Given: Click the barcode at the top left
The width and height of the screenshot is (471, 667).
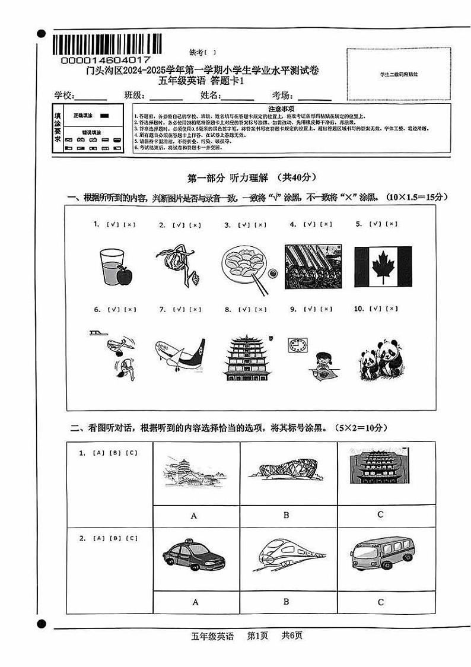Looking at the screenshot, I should pos(107,44).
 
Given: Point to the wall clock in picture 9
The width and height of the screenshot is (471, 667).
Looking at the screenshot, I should pos(298,345).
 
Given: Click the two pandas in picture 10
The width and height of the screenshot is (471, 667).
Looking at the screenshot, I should pos(380,358).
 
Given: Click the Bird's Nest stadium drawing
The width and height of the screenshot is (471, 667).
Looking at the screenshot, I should pos(286,470).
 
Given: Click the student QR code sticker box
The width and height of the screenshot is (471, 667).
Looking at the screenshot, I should pos(399,75).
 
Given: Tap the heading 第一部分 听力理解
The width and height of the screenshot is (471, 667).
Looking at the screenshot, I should pos(236,177).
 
